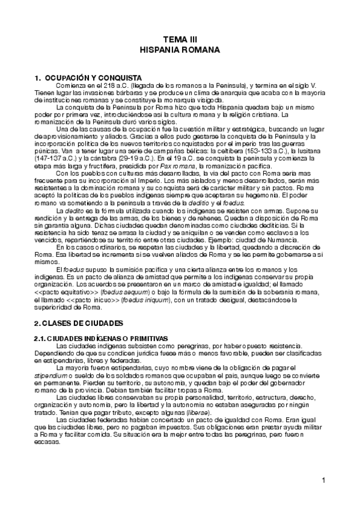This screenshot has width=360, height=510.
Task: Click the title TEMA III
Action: pos(180,39)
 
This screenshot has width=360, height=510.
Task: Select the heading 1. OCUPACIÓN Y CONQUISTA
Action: pos(88,78)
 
